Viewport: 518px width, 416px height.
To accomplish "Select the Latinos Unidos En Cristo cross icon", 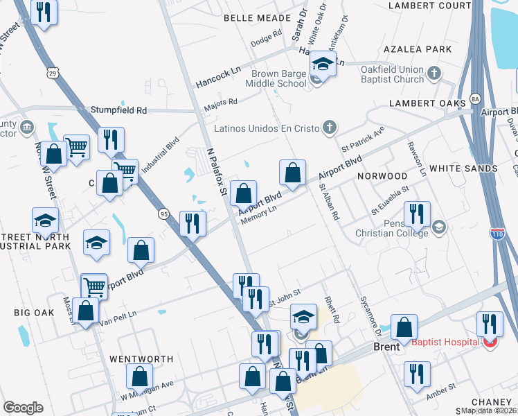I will pos(330,128).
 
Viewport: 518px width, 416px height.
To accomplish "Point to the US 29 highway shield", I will pos(52,72).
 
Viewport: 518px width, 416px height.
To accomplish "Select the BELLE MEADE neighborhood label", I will pos(247,17).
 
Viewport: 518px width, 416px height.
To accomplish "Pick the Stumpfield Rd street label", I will pos(119,110).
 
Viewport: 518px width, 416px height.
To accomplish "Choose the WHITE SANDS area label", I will pos(463,168).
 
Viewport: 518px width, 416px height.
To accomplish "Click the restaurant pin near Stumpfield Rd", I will pos(111,139).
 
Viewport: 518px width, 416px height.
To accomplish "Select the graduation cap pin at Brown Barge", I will pos(322,64).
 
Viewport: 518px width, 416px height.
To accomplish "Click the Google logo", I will pos(23,408).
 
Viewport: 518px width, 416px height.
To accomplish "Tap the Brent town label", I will pos(386,347).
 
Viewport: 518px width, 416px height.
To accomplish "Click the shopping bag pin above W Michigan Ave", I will pos(139,376).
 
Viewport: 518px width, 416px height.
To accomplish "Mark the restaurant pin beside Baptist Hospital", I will pos(489,323).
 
